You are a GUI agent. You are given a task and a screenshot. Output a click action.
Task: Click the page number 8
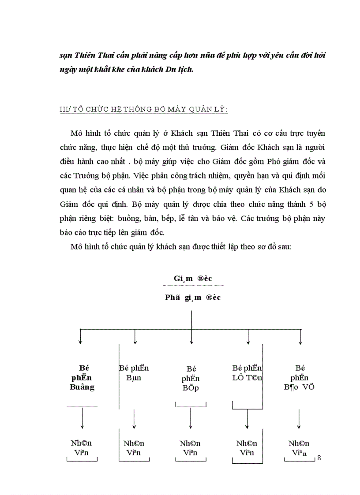click(319, 458)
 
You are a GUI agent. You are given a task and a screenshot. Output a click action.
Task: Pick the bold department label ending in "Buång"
click(82, 377)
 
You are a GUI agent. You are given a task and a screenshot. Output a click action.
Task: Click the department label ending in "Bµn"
click(135, 373)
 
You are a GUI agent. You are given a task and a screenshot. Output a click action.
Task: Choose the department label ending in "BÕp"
click(191, 378)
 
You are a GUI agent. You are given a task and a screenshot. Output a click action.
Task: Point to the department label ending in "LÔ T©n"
click(247, 373)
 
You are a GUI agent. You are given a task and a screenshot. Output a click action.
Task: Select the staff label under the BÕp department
click(190, 447)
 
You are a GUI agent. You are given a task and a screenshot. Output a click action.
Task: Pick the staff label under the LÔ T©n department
click(247, 447)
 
